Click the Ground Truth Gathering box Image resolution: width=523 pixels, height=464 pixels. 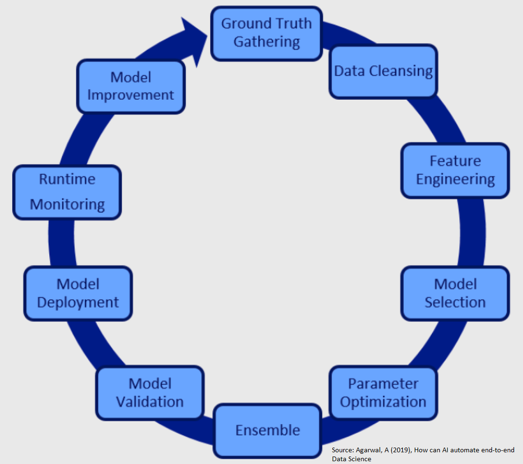(x=267, y=33)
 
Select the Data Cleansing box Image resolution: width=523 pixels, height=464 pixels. (x=384, y=71)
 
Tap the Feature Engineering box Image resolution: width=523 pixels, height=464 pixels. (x=455, y=171)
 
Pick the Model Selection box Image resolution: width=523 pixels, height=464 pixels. (x=455, y=293)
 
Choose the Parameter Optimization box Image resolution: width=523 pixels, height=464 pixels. (x=383, y=393)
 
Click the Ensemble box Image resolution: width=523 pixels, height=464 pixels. (x=267, y=430)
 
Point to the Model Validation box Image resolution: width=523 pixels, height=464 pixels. (x=150, y=393)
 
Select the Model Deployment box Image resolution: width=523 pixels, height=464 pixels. (x=78, y=293)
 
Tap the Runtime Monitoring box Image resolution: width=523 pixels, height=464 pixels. (x=67, y=192)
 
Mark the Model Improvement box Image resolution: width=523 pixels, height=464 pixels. (x=131, y=86)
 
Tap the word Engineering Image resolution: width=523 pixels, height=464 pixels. (x=455, y=180)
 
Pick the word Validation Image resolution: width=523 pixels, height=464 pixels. (x=150, y=402)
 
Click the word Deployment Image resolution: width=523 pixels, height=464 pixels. (x=78, y=303)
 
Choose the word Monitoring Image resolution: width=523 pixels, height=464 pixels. (x=67, y=204)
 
